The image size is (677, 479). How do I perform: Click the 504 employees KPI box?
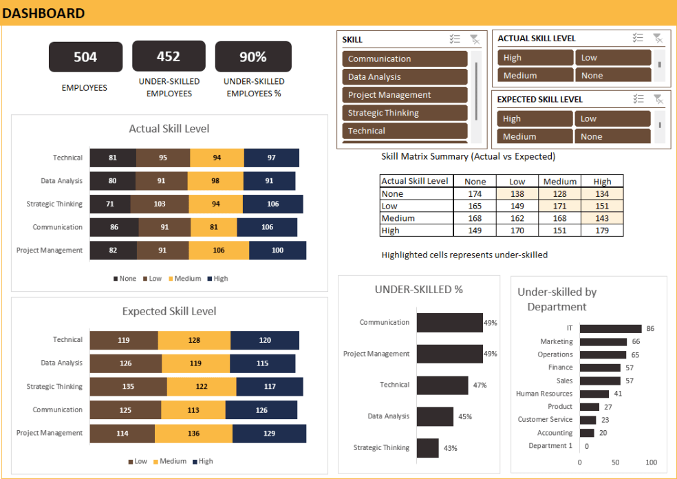tap(85, 57)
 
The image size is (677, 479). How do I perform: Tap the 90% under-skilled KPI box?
tap(252, 57)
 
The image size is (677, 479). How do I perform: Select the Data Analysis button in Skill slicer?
tap(405, 77)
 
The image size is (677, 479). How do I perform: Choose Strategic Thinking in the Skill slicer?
tap(405, 113)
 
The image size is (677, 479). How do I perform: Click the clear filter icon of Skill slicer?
tap(475, 39)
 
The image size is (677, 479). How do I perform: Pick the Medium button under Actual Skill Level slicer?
tap(535, 76)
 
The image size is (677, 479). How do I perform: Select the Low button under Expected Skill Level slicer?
tap(613, 118)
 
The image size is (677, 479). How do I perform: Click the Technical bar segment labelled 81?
tap(113, 158)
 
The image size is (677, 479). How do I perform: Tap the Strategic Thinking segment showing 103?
tap(160, 204)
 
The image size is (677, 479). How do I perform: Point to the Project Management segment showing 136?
tap(193, 434)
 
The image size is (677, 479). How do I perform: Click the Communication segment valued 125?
tap(125, 410)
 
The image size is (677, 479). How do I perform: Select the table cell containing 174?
tap(475, 194)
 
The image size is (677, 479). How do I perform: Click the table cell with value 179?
tap(602, 231)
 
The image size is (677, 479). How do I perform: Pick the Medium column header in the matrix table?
tap(560, 182)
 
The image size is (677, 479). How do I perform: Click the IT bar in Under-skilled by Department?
tap(610, 329)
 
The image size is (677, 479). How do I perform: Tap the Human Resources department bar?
tap(594, 394)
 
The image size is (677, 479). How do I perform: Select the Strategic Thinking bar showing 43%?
tap(428, 448)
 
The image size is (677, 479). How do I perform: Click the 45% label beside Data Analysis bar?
tap(465, 417)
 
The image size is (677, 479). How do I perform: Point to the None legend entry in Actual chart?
tap(125, 279)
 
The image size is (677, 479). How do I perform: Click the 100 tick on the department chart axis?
tap(651, 462)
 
